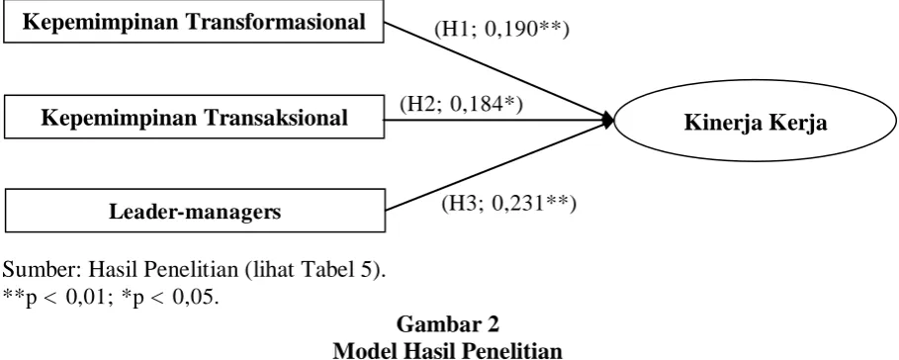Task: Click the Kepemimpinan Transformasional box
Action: click(x=193, y=23)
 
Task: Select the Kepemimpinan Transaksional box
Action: click(x=194, y=117)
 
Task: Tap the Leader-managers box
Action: click(x=195, y=212)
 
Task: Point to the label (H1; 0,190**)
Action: click(x=501, y=30)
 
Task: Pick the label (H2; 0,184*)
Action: click(x=461, y=104)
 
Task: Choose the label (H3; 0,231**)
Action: click(x=508, y=203)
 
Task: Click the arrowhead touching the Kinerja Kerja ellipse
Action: click(x=608, y=121)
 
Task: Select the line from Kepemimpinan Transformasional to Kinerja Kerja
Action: click(x=498, y=71)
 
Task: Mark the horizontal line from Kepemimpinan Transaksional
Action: click(x=494, y=121)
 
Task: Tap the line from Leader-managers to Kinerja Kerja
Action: click(x=498, y=165)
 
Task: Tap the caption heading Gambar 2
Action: click(x=448, y=324)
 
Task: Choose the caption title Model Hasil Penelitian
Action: click(x=448, y=350)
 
